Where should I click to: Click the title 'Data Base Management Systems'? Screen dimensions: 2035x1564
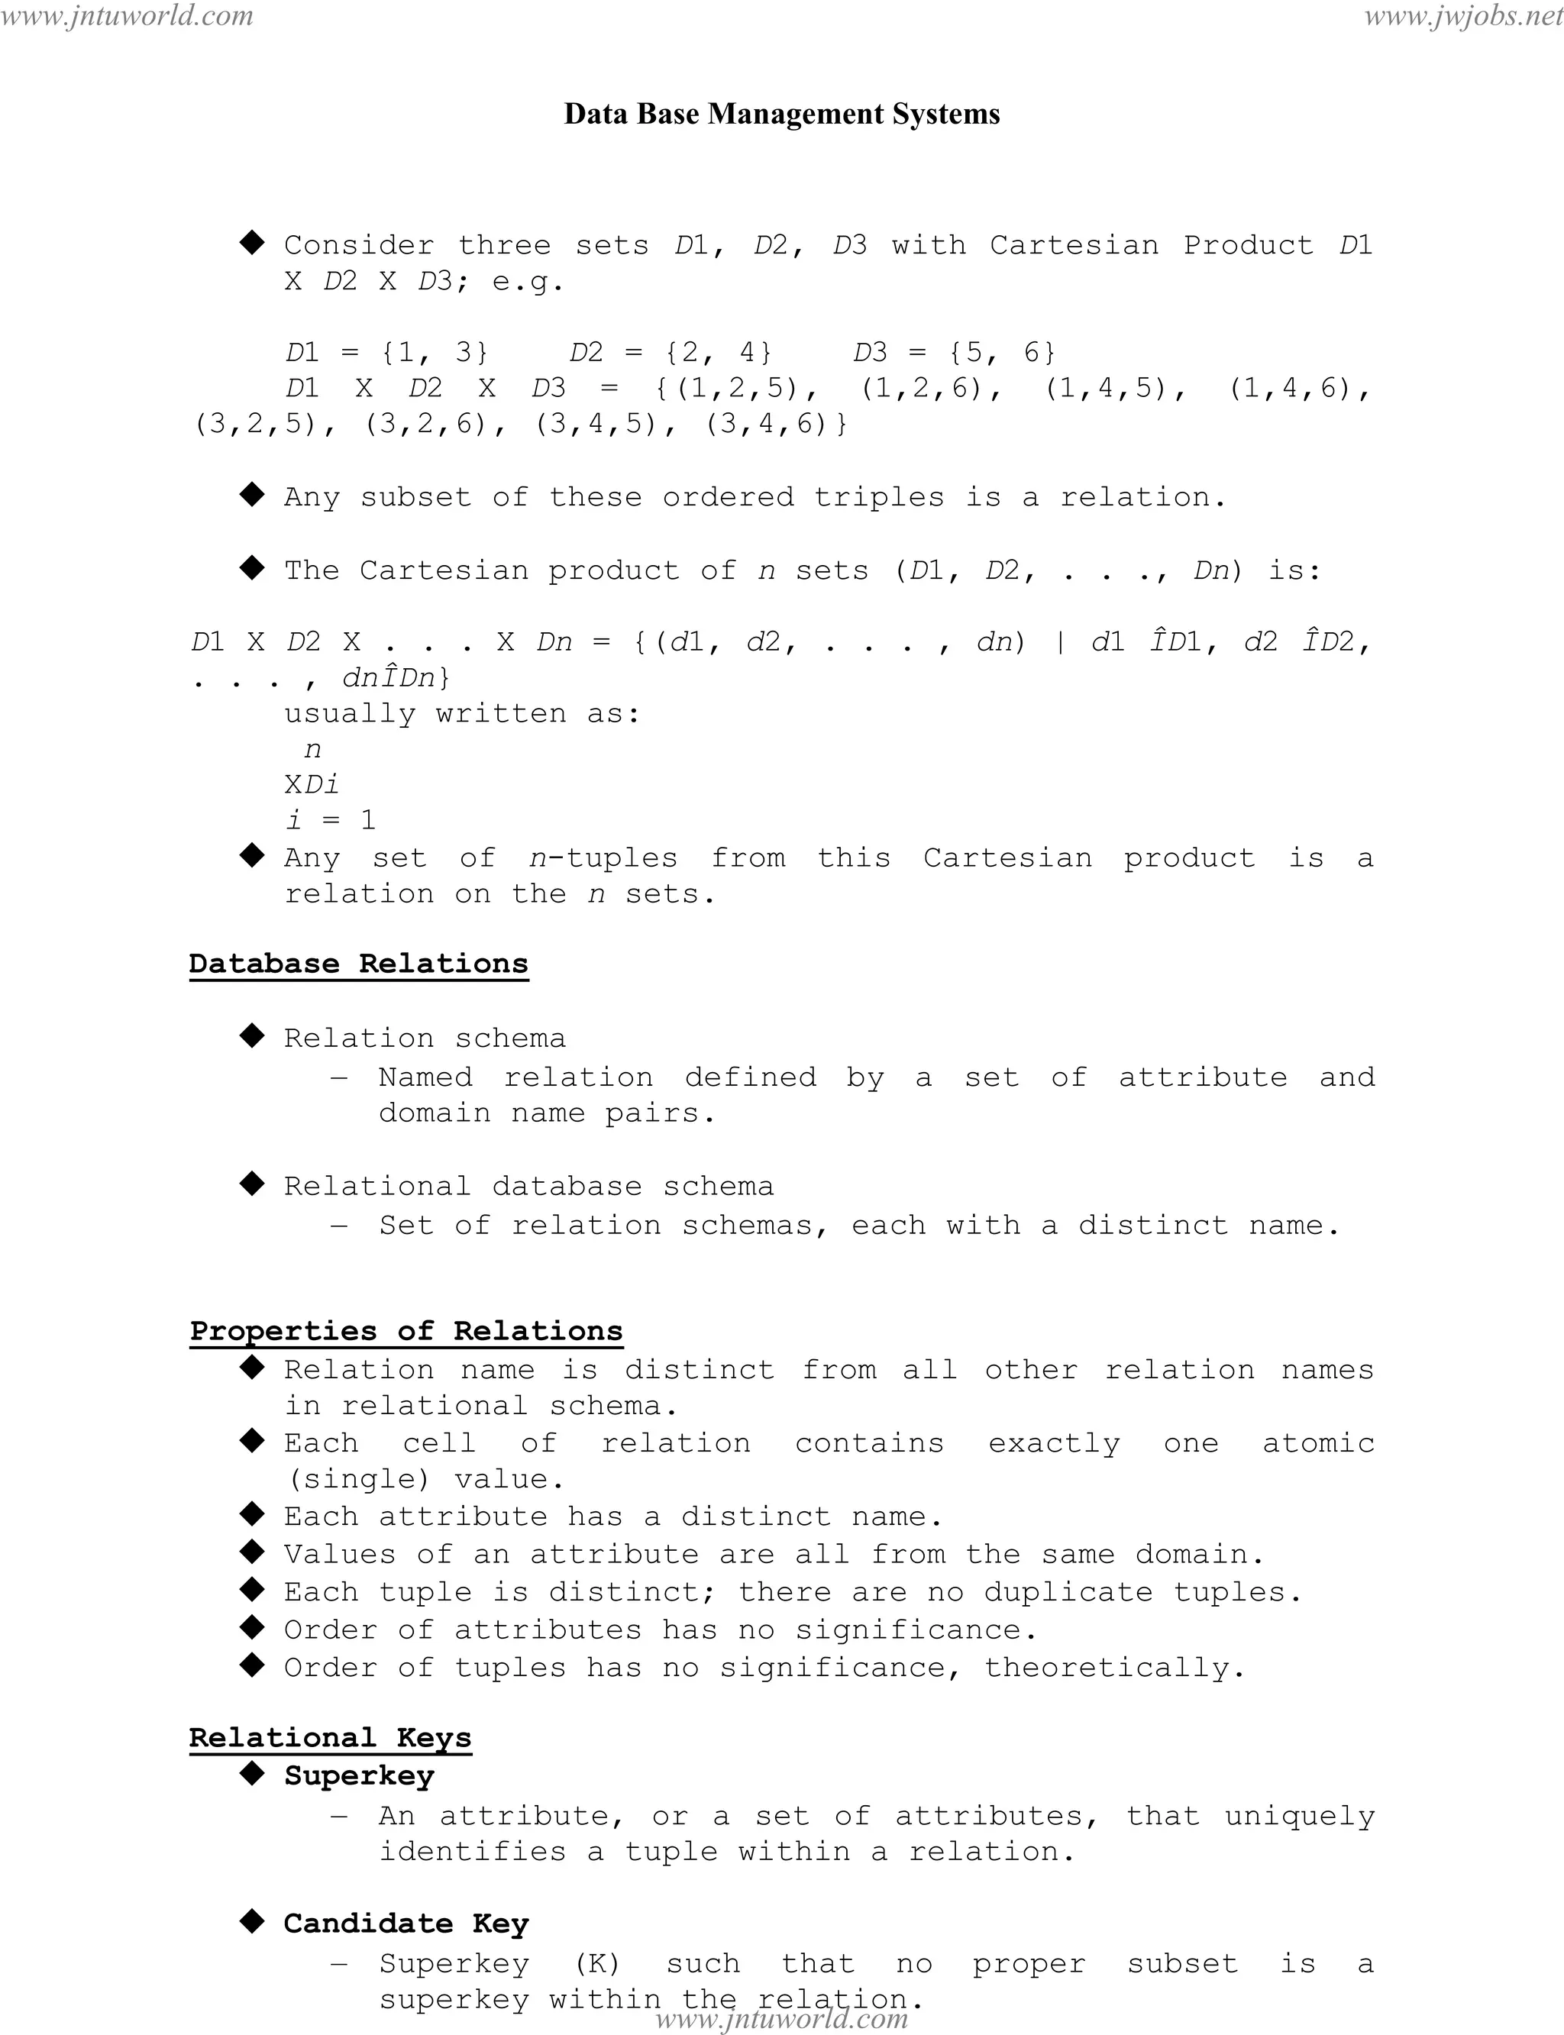pyautogui.click(x=782, y=114)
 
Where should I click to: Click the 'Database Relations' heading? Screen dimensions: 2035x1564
pyautogui.click(x=358, y=964)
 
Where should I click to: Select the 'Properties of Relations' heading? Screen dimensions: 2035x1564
pyautogui.click(x=406, y=1330)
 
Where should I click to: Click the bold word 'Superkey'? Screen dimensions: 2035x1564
pyautogui.click(x=360, y=1775)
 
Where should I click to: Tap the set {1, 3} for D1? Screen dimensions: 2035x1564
pyautogui.click(x=435, y=352)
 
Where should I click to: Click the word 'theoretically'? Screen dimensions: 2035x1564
pyautogui.click(x=1108, y=1667)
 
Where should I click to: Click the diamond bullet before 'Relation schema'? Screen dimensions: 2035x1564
pyautogui.click(x=252, y=1036)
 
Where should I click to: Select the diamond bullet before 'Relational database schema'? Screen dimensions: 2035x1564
pyautogui.click(x=252, y=1184)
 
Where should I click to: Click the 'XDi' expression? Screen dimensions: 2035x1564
pyautogui.click(x=312, y=784)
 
